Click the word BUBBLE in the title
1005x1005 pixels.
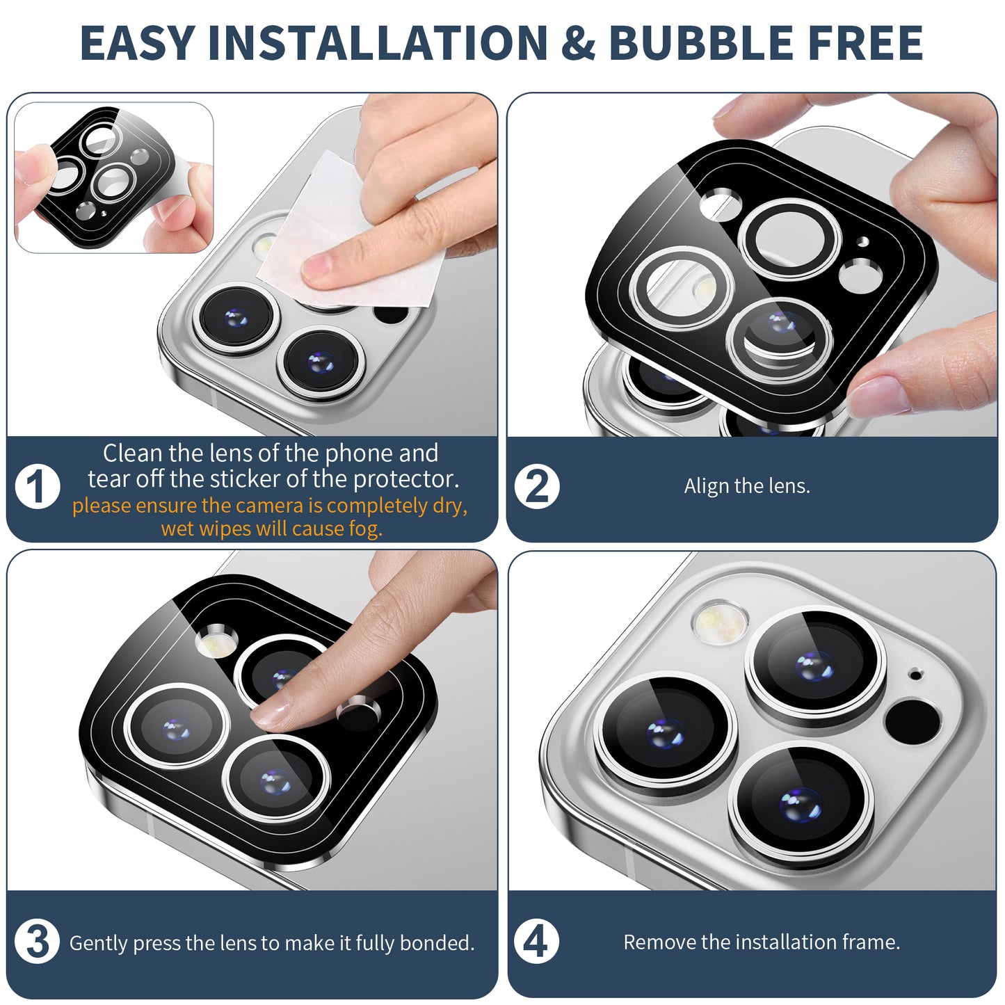(702, 42)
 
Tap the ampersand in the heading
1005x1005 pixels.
(579, 42)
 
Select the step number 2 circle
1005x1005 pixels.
(537, 486)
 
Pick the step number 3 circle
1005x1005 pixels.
(38, 942)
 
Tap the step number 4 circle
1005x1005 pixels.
(537, 942)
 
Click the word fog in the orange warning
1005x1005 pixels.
(365, 529)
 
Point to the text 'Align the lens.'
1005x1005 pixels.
(747, 485)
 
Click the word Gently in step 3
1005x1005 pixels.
(98, 944)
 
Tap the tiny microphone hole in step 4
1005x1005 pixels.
(915, 675)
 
